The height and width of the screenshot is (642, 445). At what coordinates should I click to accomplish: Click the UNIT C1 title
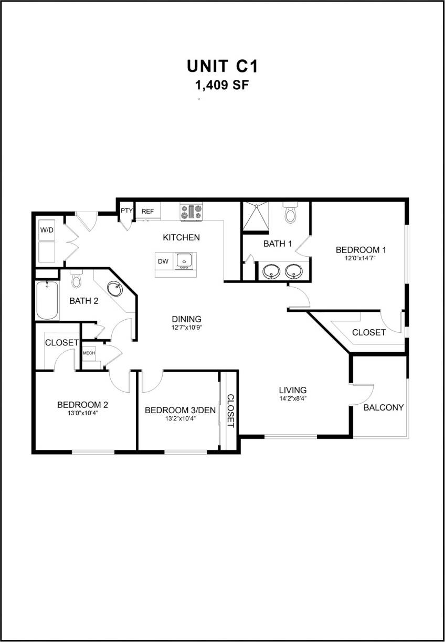point(222,67)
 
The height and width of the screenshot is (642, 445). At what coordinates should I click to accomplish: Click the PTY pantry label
point(126,211)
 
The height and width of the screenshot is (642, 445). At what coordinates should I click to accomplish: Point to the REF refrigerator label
point(147,211)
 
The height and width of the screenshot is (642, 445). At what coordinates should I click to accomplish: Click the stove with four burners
point(191,212)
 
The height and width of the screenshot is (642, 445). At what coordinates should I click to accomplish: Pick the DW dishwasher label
point(163,261)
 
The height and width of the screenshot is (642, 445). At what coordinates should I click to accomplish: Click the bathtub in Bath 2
point(47,300)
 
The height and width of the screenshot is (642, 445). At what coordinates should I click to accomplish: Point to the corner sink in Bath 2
point(115,289)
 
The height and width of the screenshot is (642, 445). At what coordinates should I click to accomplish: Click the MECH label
point(89,353)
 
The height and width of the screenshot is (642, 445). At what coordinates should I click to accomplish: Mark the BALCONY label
point(384,407)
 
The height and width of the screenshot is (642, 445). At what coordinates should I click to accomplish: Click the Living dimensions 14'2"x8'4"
point(292,398)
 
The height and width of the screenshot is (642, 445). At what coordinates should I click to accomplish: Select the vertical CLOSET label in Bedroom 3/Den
point(230,411)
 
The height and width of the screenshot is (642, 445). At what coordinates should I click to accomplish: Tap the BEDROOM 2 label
point(82,405)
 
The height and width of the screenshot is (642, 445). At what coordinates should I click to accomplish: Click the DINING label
point(187,319)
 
